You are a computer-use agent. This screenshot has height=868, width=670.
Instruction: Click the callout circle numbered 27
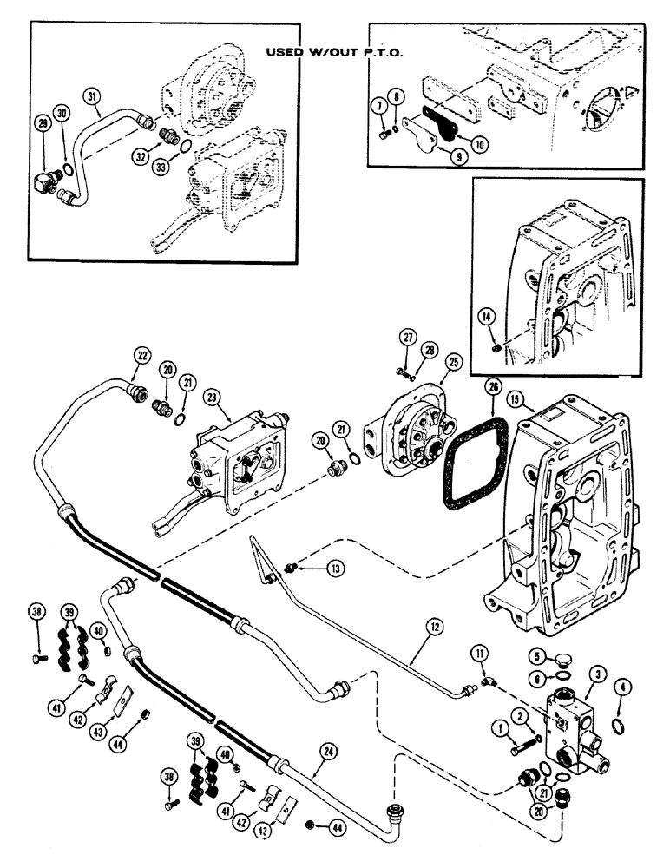[x=407, y=337]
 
